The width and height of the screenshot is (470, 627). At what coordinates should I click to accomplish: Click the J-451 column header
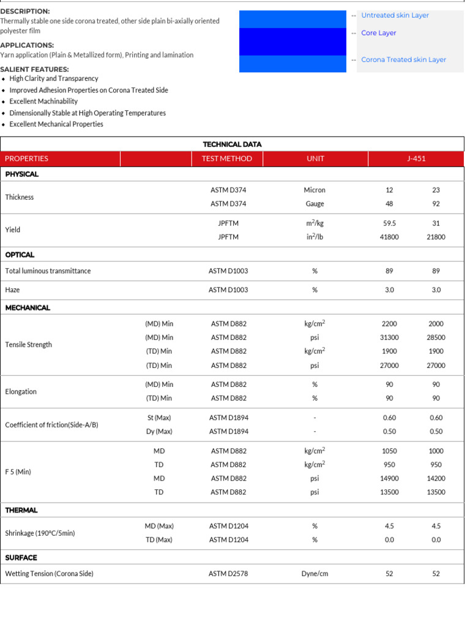click(x=416, y=159)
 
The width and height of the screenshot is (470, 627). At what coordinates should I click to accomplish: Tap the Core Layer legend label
click(x=378, y=33)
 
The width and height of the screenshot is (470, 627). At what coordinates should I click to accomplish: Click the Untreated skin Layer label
click(x=395, y=15)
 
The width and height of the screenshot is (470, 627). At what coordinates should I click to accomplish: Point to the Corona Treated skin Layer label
click(x=403, y=59)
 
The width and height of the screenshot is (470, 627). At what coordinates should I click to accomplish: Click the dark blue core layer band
click(x=293, y=42)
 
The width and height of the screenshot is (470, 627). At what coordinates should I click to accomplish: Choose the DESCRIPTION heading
click(x=25, y=12)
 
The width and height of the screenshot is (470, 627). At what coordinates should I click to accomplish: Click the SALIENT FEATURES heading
click(x=34, y=69)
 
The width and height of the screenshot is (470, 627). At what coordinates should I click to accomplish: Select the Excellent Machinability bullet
click(x=43, y=101)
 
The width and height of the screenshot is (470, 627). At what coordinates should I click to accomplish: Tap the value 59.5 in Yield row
click(x=389, y=223)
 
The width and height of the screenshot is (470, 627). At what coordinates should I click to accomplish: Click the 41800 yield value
click(x=389, y=237)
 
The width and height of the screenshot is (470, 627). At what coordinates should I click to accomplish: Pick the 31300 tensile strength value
click(x=389, y=337)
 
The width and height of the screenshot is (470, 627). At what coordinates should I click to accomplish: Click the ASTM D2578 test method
click(x=228, y=574)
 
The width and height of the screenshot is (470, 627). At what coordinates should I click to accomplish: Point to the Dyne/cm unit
click(x=315, y=574)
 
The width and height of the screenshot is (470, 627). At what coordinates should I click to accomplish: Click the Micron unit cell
click(x=315, y=190)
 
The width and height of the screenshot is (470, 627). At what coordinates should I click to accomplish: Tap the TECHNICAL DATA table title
click(x=232, y=145)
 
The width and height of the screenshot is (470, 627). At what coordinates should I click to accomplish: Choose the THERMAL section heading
click(x=21, y=510)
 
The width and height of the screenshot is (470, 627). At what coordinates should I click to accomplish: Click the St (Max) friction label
click(x=159, y=418)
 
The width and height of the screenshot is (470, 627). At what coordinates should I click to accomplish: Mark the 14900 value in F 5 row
click(x=389, y=478)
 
